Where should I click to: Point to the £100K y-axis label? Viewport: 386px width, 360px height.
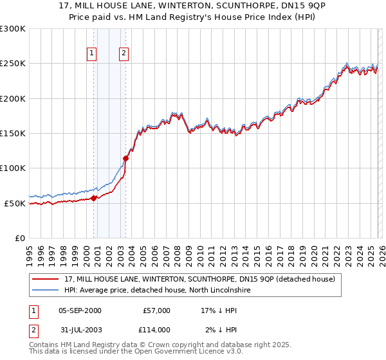tap(13, 168)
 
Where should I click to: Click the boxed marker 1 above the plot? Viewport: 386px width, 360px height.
tap(92, 54)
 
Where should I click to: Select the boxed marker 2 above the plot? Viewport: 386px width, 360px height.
tap(123, 54)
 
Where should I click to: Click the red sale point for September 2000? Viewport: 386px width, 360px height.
tap(94, 198)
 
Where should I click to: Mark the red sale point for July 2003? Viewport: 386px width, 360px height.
tap(126, 158)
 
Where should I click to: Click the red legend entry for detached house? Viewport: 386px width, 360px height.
tap(199, 279)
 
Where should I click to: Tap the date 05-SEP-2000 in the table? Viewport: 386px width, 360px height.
tap(80, 310)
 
